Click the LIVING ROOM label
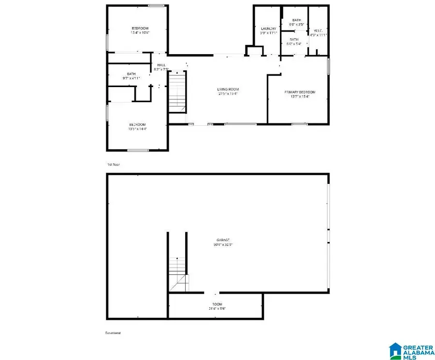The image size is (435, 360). tap(228, 89)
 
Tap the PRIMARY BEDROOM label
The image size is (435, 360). tap(303, 92)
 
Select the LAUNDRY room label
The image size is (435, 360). tap(268, 29)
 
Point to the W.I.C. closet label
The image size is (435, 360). tap(319, 30)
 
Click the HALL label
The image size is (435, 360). tap(160, 65)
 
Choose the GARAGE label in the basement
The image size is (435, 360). tap(222, 240)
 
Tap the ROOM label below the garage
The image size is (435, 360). tap(215, 303)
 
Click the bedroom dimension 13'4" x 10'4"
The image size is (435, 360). tap(140, 32)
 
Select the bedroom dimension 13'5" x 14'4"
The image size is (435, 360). tap(138, 129)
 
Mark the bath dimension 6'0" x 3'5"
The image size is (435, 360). tap(296, 24)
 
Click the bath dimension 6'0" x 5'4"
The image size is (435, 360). tap(294, 44)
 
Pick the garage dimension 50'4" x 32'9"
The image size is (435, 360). tap(222, 245)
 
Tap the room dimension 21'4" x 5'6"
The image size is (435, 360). tap(215, 308)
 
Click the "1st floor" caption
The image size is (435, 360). tap(114, 165)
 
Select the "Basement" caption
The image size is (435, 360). tap(113, 333)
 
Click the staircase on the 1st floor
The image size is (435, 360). tap(177, 92)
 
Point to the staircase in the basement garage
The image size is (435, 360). tap(177, 273)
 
